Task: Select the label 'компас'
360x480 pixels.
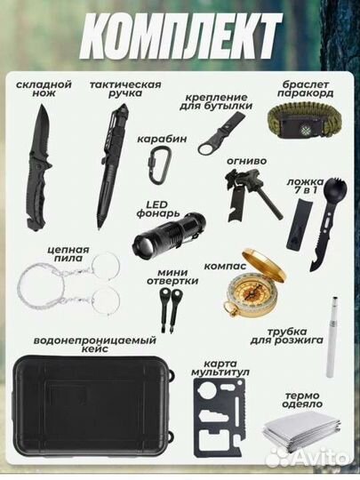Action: (x=220, y=265)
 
